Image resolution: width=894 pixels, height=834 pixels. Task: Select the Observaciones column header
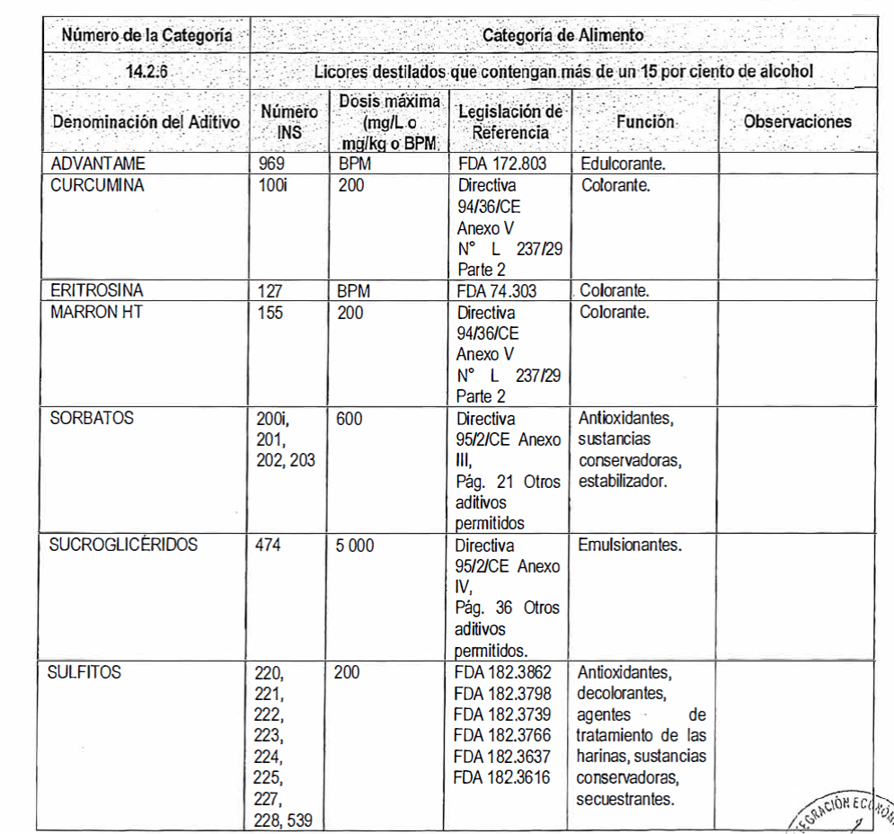click(797, 121)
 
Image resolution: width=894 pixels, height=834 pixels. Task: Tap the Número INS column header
click(289, 122)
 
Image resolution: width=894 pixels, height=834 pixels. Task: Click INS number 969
click(270, 165)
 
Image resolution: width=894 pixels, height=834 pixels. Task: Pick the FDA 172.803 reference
click(509, 165)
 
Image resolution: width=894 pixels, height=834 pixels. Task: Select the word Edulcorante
click(622, 165)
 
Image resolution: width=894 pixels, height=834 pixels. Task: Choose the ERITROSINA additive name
click(97, 291)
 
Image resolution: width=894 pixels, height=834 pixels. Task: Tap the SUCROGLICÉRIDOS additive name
click(125, 545)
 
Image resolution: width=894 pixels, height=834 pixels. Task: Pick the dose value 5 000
click(357, 545)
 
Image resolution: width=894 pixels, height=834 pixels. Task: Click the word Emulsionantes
click(630, 545)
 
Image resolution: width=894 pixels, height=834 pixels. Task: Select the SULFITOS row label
click(87, 671)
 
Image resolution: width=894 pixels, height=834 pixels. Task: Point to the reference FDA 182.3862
click(502, 671)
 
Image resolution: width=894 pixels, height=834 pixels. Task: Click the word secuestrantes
click(626, 797)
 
